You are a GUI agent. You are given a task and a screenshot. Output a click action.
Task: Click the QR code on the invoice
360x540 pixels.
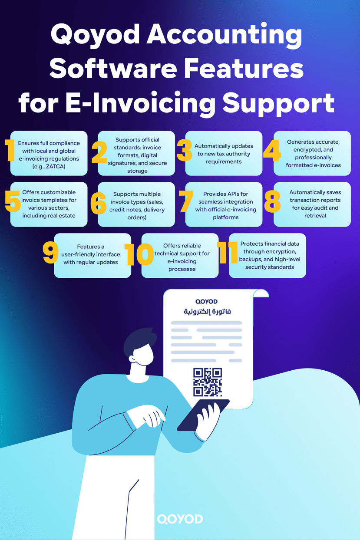208,382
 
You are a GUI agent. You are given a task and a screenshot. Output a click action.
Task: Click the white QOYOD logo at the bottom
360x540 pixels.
180,519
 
